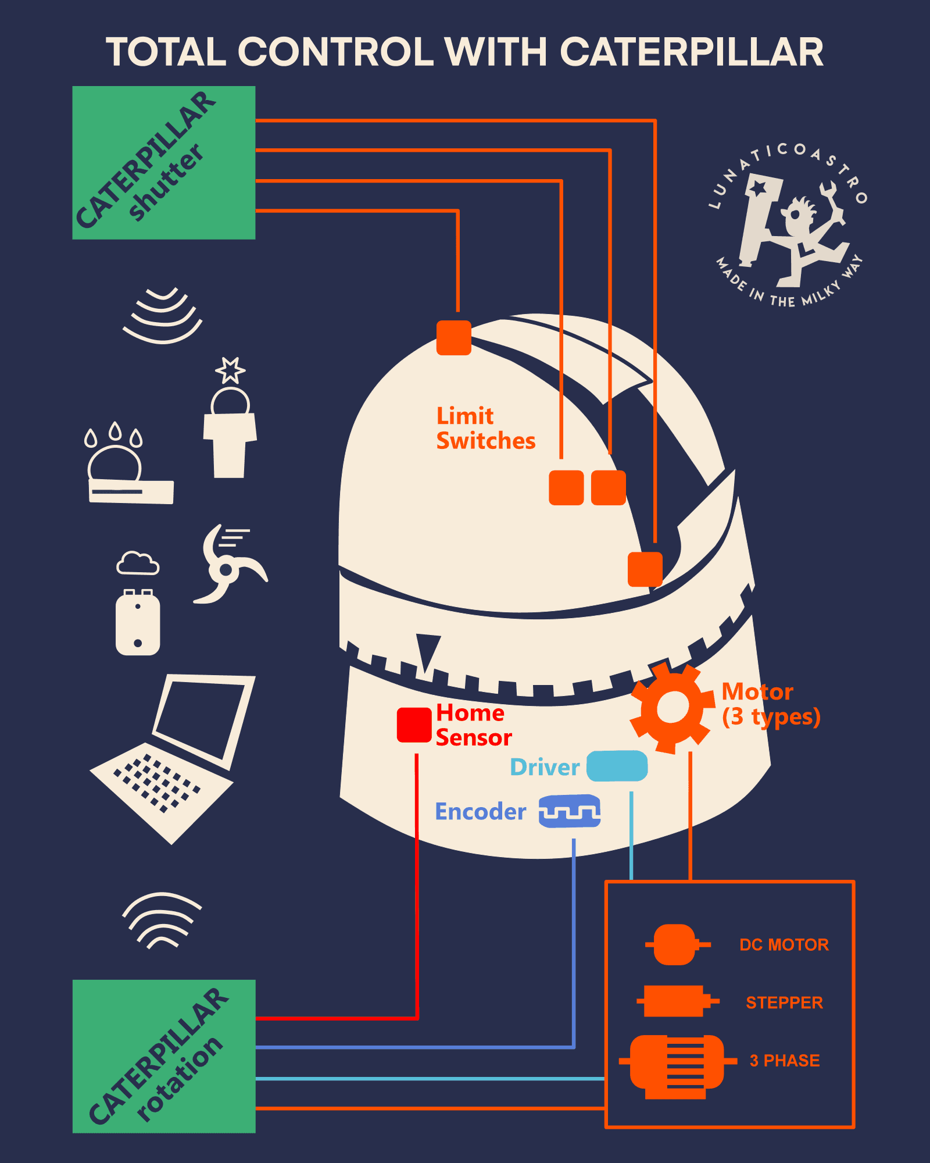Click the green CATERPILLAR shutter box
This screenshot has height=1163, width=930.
tap(163, 163)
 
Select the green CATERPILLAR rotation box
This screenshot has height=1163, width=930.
tap(163, 1056)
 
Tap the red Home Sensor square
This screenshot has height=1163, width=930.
tap(414, 725)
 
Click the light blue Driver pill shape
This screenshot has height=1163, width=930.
tap(617, 766)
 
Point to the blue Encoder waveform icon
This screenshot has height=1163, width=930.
tap(569, 811)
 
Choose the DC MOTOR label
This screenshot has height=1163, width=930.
tap(784, 945)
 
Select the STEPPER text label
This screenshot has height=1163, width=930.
tap(784, 1003)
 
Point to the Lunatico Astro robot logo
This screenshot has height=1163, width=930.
tap(789, 226)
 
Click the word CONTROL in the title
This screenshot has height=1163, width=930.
tap(336, 52)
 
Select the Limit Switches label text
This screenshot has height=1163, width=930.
tap(485, 429)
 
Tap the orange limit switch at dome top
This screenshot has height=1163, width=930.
tap(453, 338)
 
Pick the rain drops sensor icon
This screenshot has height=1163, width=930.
tap(114, 434)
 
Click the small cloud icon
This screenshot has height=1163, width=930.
tap(138, 563)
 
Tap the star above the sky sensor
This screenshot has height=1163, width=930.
tap(230, 370)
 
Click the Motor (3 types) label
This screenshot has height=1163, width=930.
tap(770, 704)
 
